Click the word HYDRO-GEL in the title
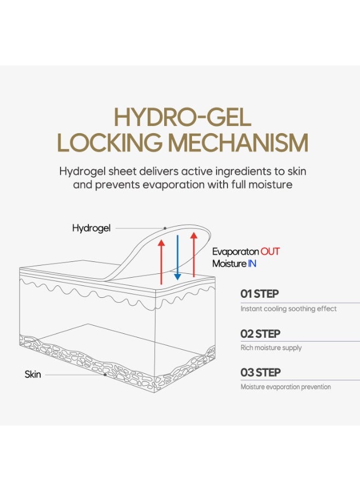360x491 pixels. click(183, 117)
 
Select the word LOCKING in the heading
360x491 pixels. click(110, 143)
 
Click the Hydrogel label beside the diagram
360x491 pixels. click(91, 228)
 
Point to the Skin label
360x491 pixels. click(33, 374)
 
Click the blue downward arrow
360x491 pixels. click(177, 258)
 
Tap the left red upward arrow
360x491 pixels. click(161, 262)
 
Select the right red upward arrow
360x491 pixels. click(194, 255)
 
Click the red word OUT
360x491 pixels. click(270, 252)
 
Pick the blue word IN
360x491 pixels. click(252, 264)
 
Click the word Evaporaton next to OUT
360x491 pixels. click(236, 252)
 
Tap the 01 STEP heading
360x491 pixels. click(260, 294)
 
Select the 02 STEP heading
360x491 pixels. click(260, 334)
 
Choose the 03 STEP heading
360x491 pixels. click(260, 373)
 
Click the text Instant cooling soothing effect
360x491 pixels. click(289, 309)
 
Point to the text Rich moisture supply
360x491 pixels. click(271, 348)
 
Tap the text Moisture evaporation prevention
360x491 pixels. click(285, 387)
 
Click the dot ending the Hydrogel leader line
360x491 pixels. click(165, 228)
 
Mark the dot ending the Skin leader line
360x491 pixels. click(105, 374)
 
